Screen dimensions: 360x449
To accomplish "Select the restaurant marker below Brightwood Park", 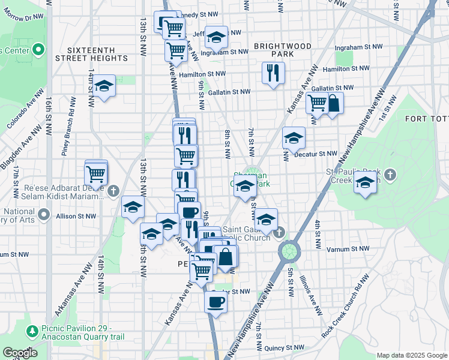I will click(273, 73).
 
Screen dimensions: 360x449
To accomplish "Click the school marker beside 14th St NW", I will click(104, 86).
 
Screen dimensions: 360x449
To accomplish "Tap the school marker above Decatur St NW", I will click(294, 139).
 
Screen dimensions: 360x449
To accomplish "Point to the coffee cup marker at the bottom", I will click(216, 302).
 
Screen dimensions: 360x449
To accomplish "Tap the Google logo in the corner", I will click(20, 353).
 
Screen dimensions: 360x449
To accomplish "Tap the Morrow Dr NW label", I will click(20, 18).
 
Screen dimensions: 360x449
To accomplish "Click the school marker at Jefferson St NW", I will click(215, 38).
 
